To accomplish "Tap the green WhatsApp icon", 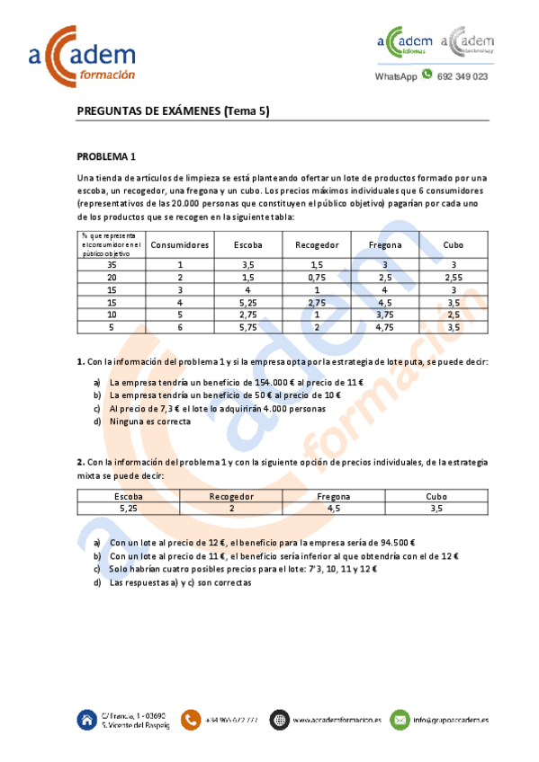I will [427, 75].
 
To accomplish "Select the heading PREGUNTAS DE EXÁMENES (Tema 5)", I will [173, 111].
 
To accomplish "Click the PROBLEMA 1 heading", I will [106, 155].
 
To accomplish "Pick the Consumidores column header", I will [180, 244].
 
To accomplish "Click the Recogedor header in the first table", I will [317, 244].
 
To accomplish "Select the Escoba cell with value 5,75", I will [249, 328].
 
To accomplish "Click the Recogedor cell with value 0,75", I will [317, 278].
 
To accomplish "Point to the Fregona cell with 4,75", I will [385, 328].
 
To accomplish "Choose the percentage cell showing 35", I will [112, 265].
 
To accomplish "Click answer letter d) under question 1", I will [97, 421].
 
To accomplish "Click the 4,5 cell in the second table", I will [334, 508].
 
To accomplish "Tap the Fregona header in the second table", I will [334, 496].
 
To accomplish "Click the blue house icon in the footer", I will [88, 719].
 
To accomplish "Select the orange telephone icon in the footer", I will [191, 719].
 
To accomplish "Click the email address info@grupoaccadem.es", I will [451, 720].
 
